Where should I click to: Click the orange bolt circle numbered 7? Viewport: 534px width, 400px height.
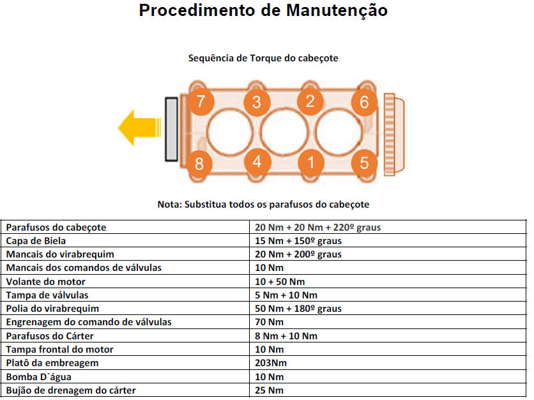[201, 102]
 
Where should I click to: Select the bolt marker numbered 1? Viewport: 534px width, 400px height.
[310, 162]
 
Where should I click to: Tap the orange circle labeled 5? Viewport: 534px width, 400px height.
[364, 163]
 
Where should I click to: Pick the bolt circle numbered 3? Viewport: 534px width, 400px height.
[257, 102]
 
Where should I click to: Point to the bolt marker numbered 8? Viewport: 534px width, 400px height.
[199, 164]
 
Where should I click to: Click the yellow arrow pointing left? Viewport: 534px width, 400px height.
[139, 128]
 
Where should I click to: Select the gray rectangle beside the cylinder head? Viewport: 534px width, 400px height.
[171, 129]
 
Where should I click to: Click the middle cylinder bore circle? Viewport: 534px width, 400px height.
[284, 132]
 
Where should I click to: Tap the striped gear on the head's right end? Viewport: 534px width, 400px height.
[393, 135]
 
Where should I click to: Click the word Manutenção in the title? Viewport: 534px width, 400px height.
[337, 10]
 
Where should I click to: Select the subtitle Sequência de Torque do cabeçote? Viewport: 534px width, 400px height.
[263, 58]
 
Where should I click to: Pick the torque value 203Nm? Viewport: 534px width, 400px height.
[271, 363]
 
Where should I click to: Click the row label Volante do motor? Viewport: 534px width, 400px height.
[45, 282]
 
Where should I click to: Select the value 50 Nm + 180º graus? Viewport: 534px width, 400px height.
[298, 309]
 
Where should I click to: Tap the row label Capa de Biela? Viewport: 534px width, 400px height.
[36, 241]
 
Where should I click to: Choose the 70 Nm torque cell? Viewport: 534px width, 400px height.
[269, 322]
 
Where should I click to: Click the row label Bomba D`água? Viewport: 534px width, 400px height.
[39, 377]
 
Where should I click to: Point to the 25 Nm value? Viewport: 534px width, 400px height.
[269, 390]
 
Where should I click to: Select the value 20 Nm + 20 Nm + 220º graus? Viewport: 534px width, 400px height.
[317, 227]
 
